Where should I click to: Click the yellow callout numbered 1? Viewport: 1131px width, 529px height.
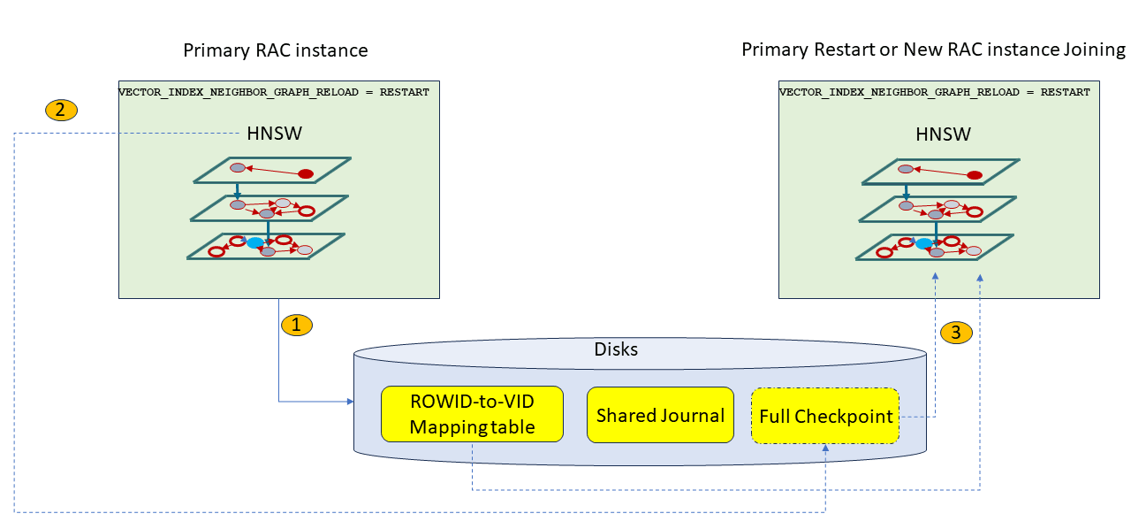(297, 325)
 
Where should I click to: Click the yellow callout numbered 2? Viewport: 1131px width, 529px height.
(61, 111)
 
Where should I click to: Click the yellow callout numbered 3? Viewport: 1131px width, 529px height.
(957, 333)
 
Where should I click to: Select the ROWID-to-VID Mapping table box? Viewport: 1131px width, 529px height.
(472, 414)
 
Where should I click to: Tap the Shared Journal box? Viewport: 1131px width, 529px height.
(660, 415)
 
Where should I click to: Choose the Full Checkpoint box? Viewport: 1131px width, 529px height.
(825, 416)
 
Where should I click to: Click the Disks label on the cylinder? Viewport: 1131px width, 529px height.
(616, 349)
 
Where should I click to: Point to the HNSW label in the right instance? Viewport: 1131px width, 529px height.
(944, 134)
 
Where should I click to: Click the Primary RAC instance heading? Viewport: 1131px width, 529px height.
(276, 50)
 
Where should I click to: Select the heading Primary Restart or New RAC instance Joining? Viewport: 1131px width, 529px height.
(933, 50)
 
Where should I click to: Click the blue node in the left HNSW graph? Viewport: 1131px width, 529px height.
(255, 242)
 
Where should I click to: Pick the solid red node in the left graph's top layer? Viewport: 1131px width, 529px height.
(306, 173)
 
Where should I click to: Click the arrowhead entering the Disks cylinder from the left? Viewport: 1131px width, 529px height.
(349, 402)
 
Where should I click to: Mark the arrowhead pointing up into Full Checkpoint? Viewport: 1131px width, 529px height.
(825, 448)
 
